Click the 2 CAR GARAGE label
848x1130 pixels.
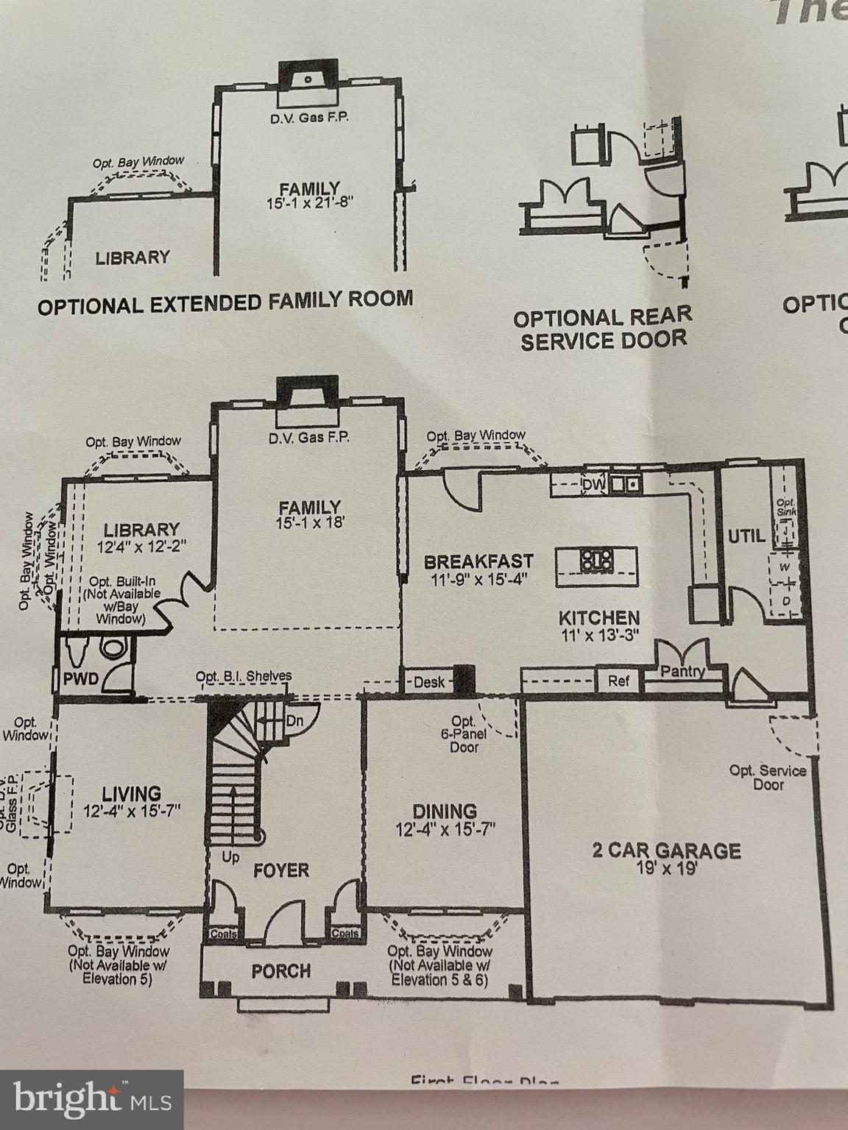coord(666,851)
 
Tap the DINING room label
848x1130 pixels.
coord(444,811)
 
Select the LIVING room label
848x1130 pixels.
coord(132,794)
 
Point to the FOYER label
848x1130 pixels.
coord(280,871)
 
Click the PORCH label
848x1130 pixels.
coord(280,971)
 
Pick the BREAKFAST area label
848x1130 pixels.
coord(478,562)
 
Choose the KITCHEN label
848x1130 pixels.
coord(598,617)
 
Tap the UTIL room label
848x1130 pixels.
coord(746,536)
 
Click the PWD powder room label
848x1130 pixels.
coord(80,678)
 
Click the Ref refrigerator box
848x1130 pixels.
coord(618,681)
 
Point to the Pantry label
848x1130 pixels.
coord(682,671)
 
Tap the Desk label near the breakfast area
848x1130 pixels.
coord(428,682)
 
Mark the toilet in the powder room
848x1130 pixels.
coord(114,648)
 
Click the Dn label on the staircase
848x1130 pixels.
coord(294,721)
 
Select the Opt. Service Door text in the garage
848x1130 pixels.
coord(768,778)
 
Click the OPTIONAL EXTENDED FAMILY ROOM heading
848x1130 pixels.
coord(225,302)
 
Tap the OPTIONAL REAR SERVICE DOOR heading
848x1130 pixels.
coord(603,328)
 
